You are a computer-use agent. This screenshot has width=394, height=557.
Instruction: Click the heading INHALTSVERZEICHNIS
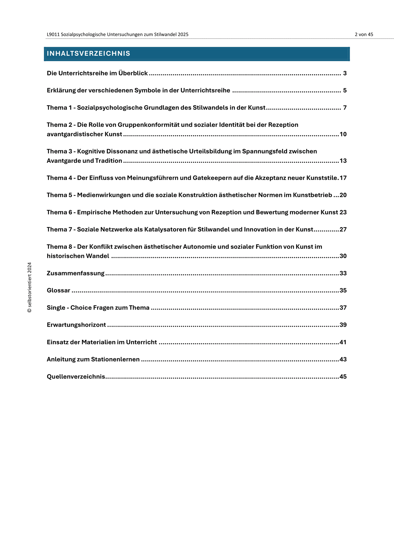click(x=88, y=54)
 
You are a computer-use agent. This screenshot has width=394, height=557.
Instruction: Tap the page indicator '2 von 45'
click(x=364, y=35)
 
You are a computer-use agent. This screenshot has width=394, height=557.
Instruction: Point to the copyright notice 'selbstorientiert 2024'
click(x=30, y=287)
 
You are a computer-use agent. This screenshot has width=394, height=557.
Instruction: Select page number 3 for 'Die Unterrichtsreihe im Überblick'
click(x=345, y=73)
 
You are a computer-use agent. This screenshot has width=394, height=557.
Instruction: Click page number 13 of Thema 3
click(x=343, y=161)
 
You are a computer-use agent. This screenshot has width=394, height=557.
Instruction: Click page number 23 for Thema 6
click(x=343, y=212)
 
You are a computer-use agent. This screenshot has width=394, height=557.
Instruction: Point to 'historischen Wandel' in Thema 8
click(x=78, y=256)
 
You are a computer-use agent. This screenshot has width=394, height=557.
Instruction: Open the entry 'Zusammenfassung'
click(x=76, y=273)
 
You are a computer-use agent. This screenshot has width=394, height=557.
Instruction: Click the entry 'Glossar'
click(x=59, y=290)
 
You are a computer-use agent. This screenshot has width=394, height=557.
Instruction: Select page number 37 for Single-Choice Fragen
click(x=343, y=308)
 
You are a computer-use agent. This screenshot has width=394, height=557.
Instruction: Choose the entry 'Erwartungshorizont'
click(x=76, y=325)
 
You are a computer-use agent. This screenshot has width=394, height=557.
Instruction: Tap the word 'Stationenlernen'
click(x=115, y=359)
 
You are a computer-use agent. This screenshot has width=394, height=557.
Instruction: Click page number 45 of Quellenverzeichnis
click(x=343, y=377)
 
